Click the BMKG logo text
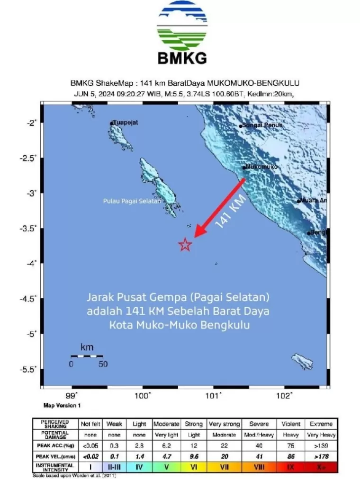click(x=182, y=58)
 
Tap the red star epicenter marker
click(x=185, y=245)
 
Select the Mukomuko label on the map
click(x=261, y=167)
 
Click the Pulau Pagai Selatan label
click(x=132, y=201)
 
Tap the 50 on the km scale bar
click(x=103, y=364)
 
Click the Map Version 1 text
click(x=62, y=406)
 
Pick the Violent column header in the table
click(x=291, y=424)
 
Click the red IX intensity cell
click(x=291, y=467)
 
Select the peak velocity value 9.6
click(x=194, y=456)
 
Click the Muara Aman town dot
click(x=298, y=201)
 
